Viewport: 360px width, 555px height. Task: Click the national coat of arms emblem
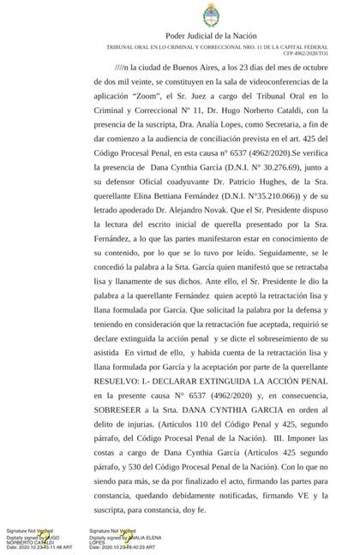(180, 14)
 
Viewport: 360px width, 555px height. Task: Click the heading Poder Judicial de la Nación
(180, 34)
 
